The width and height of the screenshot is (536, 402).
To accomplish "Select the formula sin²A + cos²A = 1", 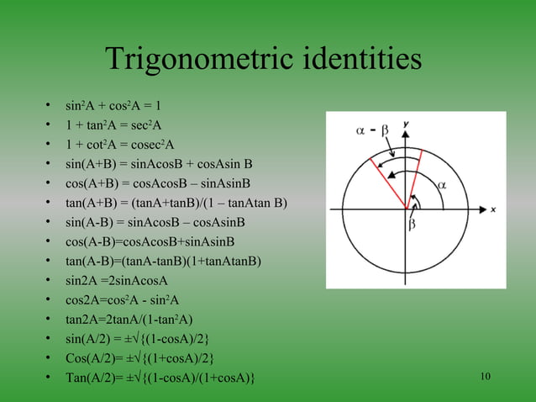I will (113, 106).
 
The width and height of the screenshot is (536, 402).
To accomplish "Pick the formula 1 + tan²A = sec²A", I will (113, 125).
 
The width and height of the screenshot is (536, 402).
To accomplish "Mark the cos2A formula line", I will (122, 299).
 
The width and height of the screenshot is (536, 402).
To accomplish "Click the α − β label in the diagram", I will (369, 130).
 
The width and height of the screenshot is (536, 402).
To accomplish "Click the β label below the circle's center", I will (412, 225).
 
